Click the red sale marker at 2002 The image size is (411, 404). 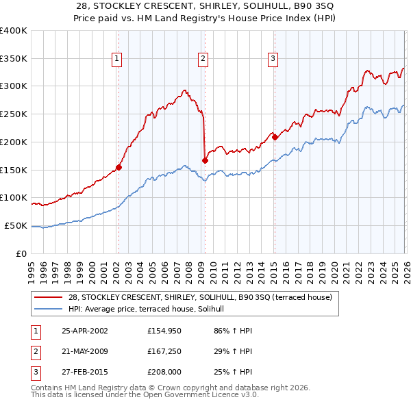pyautogui.click(x=119, y=166)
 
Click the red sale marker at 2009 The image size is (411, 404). pyautogui.click(x=205, y=160)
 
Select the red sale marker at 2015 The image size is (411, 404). pyautogui.click(x=275, y=137)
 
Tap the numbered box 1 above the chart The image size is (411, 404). pyautogui.click(x=118, y=60)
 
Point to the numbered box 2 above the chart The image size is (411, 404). pyautogui.click(x=203, y=60)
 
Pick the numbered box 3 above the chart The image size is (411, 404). pyautogui.click(x=273, y=60)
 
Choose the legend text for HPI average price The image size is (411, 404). pyautogui.click(x=151, y=309)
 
